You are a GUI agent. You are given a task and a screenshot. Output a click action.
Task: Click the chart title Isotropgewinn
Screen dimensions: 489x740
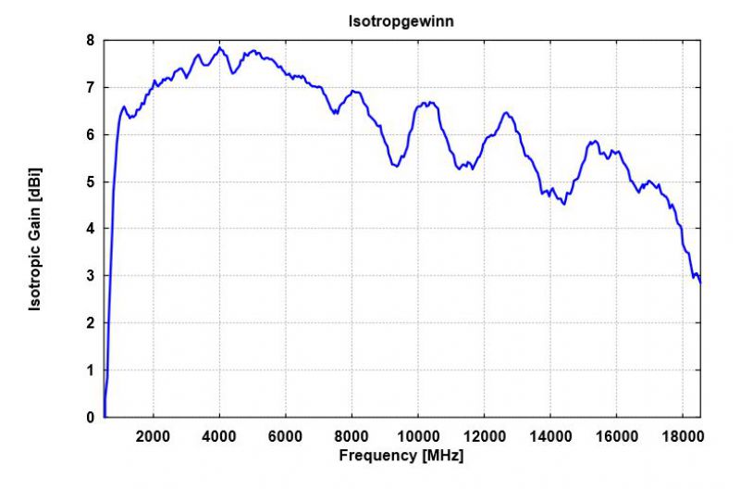[401, 20]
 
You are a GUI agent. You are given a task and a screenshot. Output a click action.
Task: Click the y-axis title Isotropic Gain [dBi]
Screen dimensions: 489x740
[35, 239]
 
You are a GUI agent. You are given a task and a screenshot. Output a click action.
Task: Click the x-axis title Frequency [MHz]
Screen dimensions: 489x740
[401, 456]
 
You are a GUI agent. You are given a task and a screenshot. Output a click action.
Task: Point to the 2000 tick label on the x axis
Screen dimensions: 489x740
[154, 436]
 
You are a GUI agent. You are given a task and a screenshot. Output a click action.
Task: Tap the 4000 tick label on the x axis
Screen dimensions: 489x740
[219, 436]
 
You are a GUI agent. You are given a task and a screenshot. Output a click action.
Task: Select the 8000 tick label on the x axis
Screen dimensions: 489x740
[352, 436]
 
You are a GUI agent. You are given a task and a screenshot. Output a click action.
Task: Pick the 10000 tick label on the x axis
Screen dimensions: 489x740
[418, 436]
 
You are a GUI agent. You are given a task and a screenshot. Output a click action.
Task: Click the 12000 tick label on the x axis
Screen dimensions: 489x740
[485, 436]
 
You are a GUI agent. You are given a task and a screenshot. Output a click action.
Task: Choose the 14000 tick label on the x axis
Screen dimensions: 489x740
[551, 436]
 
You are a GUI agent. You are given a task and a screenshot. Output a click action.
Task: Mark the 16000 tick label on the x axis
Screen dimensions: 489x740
[617, 436]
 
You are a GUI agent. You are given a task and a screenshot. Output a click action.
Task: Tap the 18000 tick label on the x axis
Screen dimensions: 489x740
[684, 436]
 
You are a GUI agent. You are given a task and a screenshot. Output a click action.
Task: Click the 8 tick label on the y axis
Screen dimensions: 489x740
[90, 41]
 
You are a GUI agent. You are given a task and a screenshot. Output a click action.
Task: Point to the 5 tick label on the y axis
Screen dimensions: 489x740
[90, 182]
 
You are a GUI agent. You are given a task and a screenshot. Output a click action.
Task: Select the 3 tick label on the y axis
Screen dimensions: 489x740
[90, 276]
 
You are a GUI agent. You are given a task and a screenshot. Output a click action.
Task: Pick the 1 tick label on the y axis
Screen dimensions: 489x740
[90, 370]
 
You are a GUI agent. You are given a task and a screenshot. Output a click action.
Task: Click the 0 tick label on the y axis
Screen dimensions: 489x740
[90, 418]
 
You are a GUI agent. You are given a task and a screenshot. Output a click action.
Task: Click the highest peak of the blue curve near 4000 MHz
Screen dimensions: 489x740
[220, 48]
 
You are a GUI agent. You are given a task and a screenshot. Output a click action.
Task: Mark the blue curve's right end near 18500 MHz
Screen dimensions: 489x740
[700, 282]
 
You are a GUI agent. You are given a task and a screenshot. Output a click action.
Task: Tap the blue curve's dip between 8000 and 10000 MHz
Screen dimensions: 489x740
[395, 166]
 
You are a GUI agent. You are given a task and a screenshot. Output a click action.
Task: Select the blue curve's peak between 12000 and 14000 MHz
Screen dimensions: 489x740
[505, 113]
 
